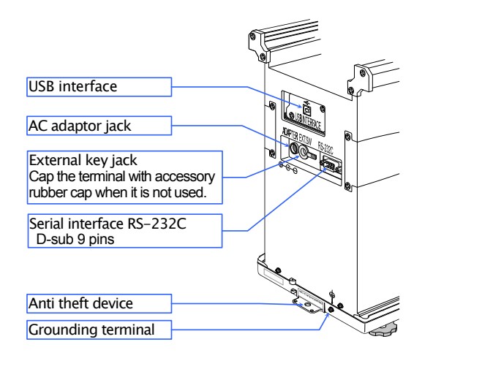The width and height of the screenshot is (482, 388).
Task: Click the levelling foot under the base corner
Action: point(386,331)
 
